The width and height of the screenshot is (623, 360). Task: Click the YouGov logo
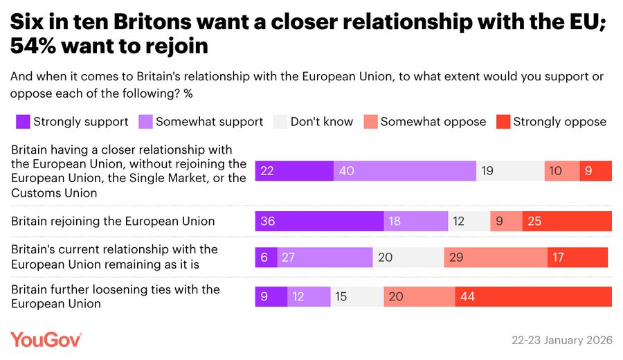coord(46,340)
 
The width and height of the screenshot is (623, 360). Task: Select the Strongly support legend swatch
coord(23,122)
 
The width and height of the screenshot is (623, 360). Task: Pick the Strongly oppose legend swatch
coord(503,122)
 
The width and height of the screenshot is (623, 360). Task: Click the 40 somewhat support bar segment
coord(404,171)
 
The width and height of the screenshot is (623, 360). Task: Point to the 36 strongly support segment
coord(319,222)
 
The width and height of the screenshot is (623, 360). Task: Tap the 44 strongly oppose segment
coord(533,296)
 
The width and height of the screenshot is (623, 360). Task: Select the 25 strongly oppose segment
coord(567,222)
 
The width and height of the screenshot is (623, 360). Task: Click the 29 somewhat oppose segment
coord(496,258)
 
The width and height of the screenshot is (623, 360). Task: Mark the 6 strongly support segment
coord(267,258)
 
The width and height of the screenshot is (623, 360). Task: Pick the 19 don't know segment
coord(510,171)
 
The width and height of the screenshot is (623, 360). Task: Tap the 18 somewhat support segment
coord(416,222)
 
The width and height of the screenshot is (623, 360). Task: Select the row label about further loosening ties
coord(116,296)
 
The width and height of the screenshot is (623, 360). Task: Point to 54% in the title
coord(33,46)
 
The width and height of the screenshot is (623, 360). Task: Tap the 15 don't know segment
coord(357,296)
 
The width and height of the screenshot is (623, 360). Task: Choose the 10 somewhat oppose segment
coord(561,171)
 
